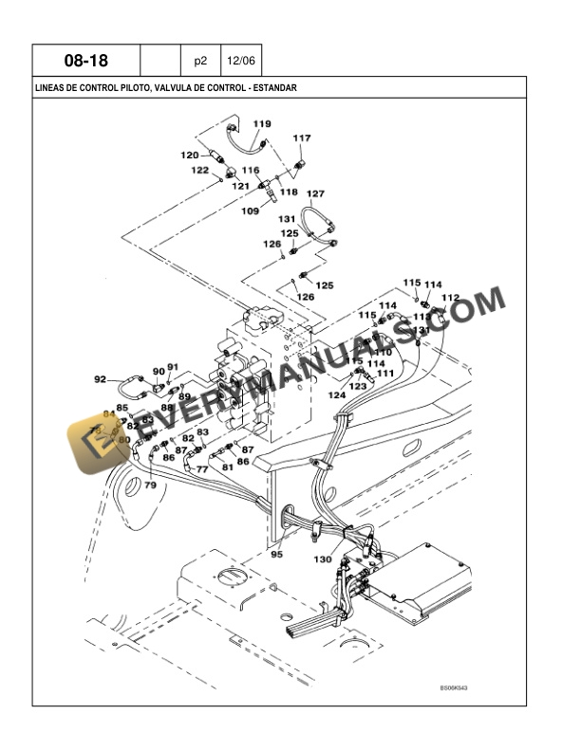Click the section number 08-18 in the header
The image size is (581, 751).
click(85, 61)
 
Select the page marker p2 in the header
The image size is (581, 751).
click(200, 61)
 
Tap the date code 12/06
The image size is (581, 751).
click(239, 61)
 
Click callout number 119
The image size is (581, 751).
click(262, 124)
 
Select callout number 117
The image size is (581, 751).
click(301, 138)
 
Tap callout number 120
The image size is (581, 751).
click(190, 155)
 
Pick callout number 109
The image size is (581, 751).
click(250, 211)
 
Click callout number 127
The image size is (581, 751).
click(315, 193)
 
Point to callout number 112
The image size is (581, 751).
click(450, 298)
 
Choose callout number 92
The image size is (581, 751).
click(100, 379)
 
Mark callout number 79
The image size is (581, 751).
click(150, 485)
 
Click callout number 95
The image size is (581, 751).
click(277, 554)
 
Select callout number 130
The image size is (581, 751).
click(323, 559)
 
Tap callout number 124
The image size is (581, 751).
click(336, 394)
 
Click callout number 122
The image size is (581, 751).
click(199, 170)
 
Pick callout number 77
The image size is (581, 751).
click(201, 467)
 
